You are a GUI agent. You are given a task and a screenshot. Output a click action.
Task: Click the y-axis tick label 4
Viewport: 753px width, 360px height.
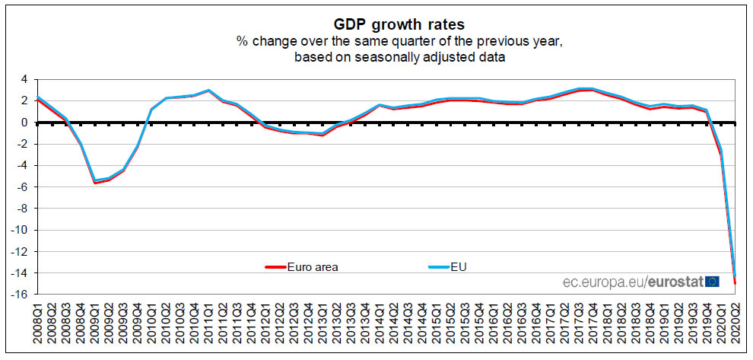click(24, 79)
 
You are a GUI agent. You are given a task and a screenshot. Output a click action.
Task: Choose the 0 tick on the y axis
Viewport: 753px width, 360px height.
click(24, 122)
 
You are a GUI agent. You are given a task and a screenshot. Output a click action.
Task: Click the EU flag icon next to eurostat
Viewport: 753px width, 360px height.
click(713, 282)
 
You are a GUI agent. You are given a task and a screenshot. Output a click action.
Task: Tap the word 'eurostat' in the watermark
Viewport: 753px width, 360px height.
click(675, 282)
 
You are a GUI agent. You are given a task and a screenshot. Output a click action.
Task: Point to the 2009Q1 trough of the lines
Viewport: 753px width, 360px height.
click(95, 181)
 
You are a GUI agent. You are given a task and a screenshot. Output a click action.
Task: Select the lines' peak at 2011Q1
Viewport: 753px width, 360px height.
click(209, 91)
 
